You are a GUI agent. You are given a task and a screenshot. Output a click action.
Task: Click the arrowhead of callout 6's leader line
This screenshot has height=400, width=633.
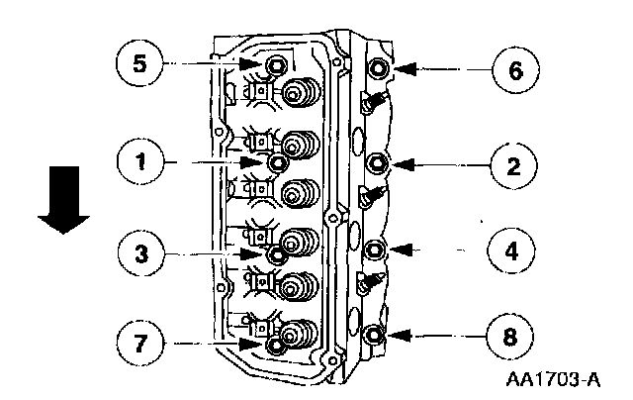[x=399, y=69]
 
